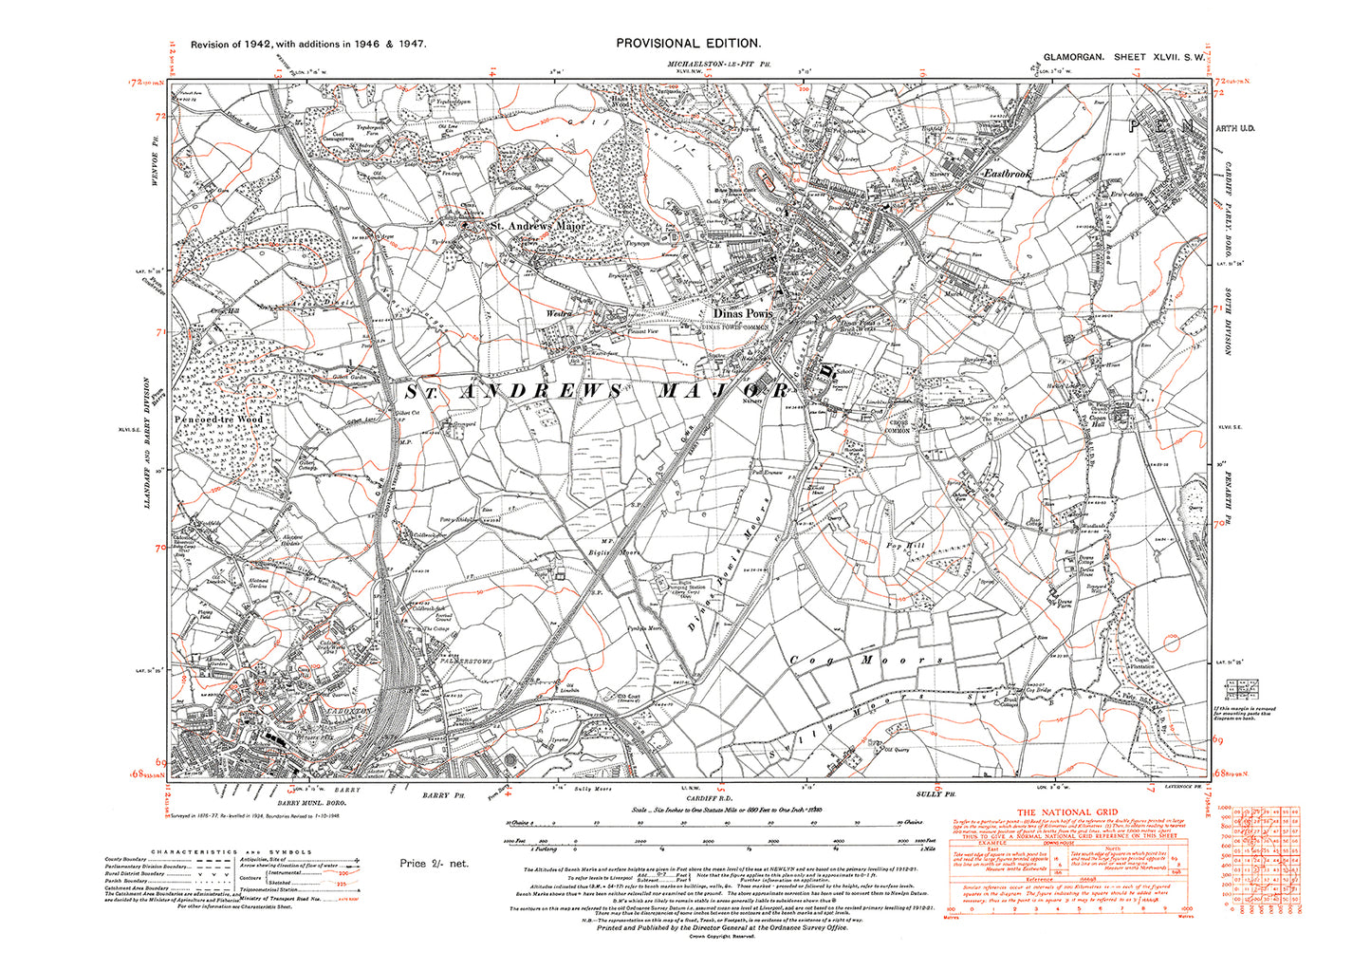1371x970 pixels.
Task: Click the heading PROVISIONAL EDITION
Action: pyautogui.click(x=688, y=43)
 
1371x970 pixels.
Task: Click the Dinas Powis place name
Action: pyautogui.click(x=743, y=312)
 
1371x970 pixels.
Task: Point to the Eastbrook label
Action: pyautogui.click(x=1007, y=175)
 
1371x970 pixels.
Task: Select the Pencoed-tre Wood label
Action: pyautogui.click(x=218, y=419)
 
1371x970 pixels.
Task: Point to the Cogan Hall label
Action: pyautogui.click(x=1098, y=421)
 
